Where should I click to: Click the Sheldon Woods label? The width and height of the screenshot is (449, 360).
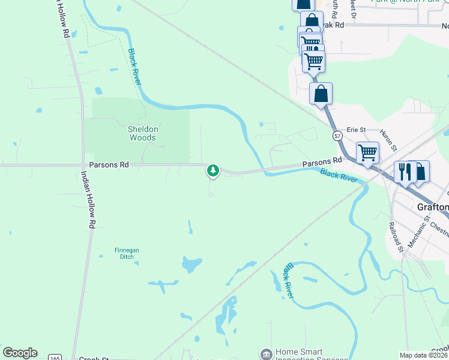143,133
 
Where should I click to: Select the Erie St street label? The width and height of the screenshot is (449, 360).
357,129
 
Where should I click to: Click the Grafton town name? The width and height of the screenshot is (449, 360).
433,207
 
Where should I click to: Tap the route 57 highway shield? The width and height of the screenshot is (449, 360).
339,136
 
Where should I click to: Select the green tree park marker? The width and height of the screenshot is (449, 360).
212,170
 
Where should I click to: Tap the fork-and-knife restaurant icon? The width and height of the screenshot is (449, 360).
405,172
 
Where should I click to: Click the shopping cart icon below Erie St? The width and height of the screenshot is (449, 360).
367,152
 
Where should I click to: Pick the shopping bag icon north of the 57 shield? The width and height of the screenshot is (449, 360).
321,94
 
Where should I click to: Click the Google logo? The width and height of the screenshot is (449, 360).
20,353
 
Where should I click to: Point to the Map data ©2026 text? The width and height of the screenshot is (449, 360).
424,355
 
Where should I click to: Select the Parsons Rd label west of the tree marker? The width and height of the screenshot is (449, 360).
109,164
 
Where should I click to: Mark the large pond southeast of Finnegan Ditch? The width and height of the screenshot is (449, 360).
192,263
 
